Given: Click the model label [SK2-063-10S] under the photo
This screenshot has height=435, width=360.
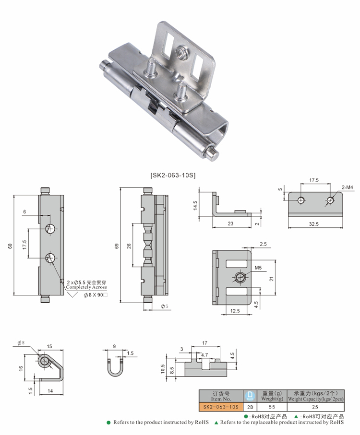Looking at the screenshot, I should pos(173,176).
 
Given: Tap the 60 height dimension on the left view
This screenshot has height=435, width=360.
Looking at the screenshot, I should pos(10,246).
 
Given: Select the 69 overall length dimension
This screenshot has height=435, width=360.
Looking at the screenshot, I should pos(117,246).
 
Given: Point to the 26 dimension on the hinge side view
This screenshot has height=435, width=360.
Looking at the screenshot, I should pos(128,246).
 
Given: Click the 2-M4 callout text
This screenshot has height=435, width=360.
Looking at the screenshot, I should pos(347,186).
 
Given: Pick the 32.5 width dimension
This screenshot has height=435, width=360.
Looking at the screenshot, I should pos(314,224).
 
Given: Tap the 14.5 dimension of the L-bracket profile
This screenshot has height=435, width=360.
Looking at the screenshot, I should pos(196,205).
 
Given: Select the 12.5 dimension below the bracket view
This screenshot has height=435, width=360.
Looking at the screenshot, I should pos(235,311).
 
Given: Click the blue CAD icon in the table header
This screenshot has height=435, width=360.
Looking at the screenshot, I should pos(250,395).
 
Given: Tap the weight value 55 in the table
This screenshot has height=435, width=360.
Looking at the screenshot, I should pos(272,406).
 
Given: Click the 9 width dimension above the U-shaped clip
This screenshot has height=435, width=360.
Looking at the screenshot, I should pos(114,346).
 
